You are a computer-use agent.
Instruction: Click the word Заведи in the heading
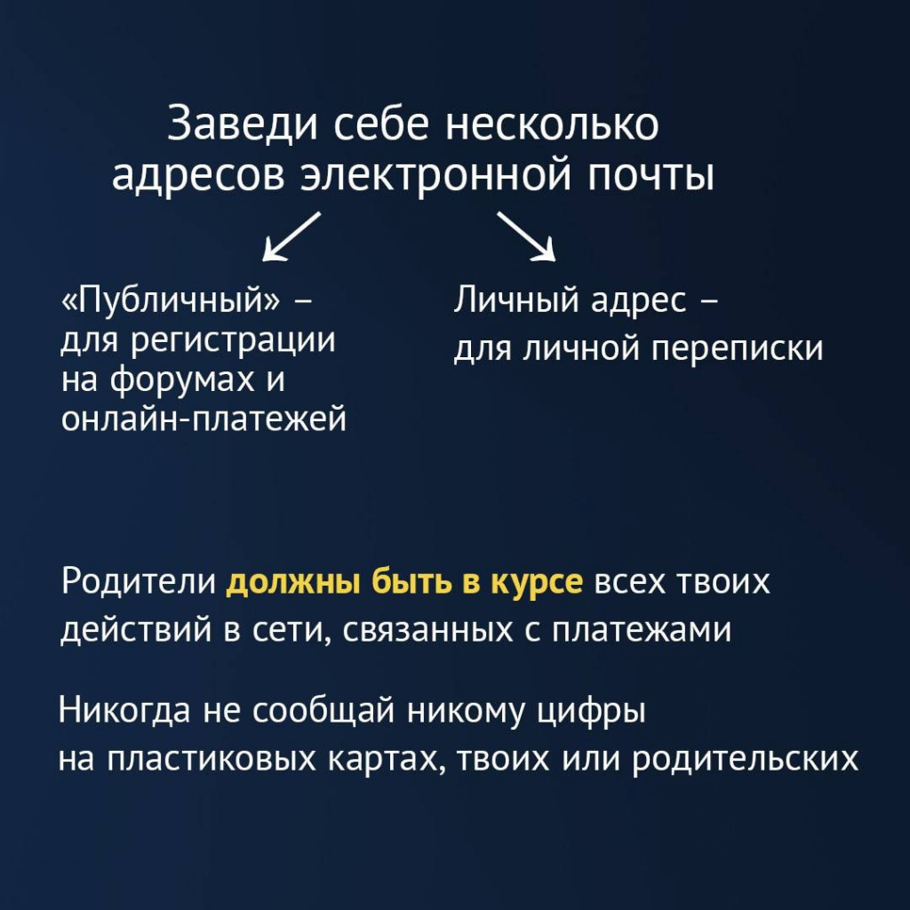242,124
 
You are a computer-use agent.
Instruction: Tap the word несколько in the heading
552,124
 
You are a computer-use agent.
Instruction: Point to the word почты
651,175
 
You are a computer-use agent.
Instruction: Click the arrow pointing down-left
291,236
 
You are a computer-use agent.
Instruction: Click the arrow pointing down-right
526,236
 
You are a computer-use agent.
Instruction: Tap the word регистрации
232,341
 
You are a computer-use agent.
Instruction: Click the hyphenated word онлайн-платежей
204,418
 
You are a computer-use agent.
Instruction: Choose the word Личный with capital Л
516,301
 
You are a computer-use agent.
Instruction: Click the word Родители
139,581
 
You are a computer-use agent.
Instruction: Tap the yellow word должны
293,582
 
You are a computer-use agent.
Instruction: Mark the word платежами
642,630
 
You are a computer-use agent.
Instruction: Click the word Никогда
124,710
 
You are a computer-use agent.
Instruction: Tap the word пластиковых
212,759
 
